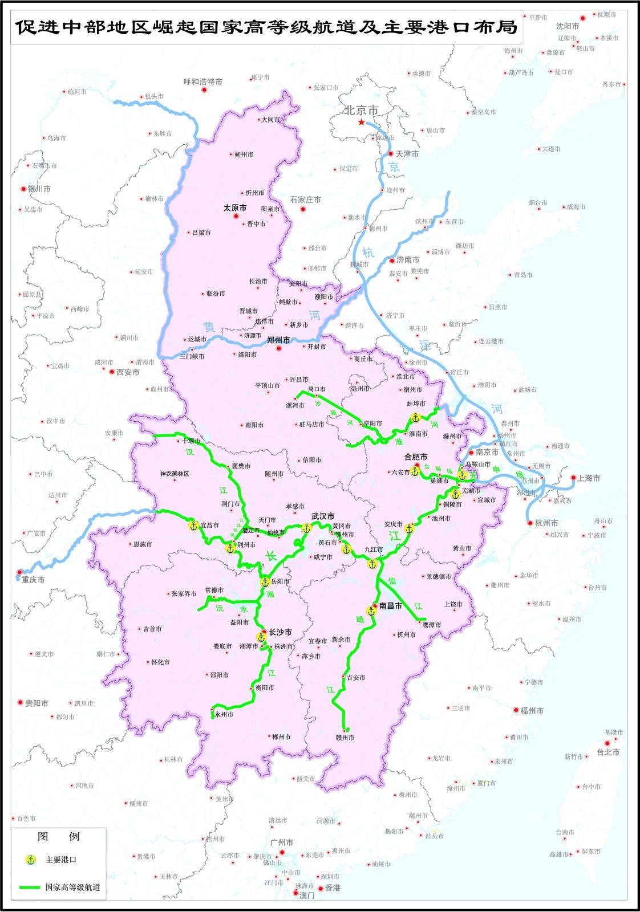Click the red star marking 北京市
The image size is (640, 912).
tap(361, 123)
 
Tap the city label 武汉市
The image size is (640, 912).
tap(323, 516)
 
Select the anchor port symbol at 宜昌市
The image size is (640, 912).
tap(193, 526)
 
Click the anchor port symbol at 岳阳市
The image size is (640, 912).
tap(265, 582)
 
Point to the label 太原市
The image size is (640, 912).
tap(235, 208)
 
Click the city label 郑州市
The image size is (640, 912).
tap(278, 340)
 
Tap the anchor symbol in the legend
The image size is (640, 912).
tap(31, 860)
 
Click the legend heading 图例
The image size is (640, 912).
tap(58, 837)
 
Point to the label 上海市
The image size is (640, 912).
tap(589, 478)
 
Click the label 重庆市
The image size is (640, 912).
tap(33, 579)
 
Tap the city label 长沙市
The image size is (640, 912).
tap(280, 632)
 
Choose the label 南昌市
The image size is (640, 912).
tap(390, 606)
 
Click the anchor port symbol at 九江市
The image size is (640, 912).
tap(372, 564)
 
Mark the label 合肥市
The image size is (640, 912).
tap(415, 457)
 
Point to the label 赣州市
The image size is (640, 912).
tap(345, 738)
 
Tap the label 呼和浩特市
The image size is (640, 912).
tap(203, 82)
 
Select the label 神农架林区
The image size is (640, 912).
tap(175, 474)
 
